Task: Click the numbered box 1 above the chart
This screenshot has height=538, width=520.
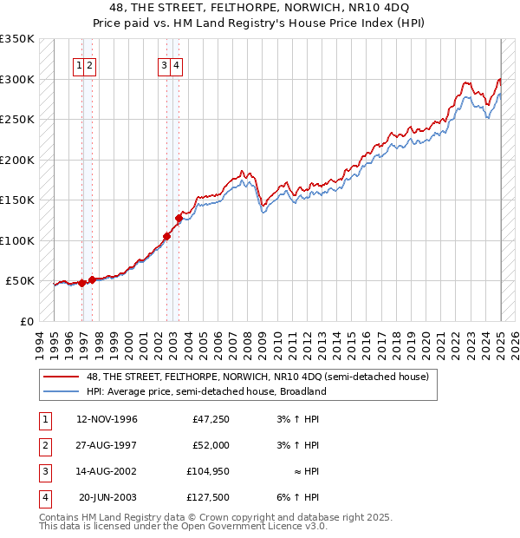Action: [x=79, y=63]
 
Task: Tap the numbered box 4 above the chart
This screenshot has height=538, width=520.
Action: [x=176, y=63]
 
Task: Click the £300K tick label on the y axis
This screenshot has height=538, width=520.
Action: [x=17, y=79]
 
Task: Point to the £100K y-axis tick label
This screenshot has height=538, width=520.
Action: [x=17, y=240]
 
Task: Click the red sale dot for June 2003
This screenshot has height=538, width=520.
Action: [x=179, y=218]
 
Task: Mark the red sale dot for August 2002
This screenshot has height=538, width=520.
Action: [x=166, y=236]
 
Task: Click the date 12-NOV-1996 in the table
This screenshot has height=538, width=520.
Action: [x=107, y=420]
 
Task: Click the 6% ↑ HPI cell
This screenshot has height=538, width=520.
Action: [x=301, y=497]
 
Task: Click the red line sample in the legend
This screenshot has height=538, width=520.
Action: [x=62, y=377]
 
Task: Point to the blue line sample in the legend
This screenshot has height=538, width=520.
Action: [x=62, y=391]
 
